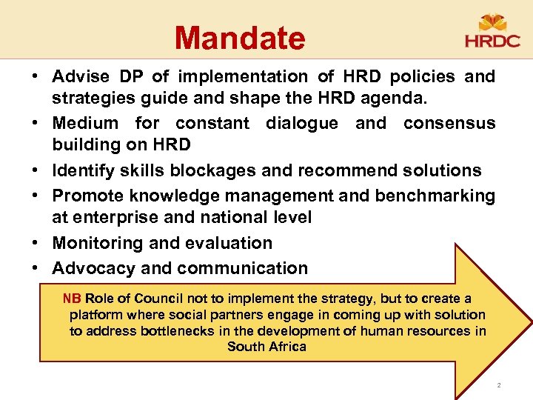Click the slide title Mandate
pyautogui.click(x=240, y=38)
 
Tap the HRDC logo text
pyautogui.click(x=492, y=40)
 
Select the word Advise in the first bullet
pyautogui.click(x=80, y=76)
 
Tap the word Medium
pyautogui.click(x=85, y=123)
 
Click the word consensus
pyautogui.click(x=449, y=123)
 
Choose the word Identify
pyautogui.click(x=81, y=170)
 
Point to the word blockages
pyautogui.click(x=214, y=170)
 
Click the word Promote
pyautogui.click(x=85, y=196)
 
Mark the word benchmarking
pyautogui.click(x=435, y=196)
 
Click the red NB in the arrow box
pyautogui.click(x=72, y=299)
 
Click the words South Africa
pyautogui.click(x=266, y=347)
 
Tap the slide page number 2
pyautogui.click(x=499, y=385)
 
